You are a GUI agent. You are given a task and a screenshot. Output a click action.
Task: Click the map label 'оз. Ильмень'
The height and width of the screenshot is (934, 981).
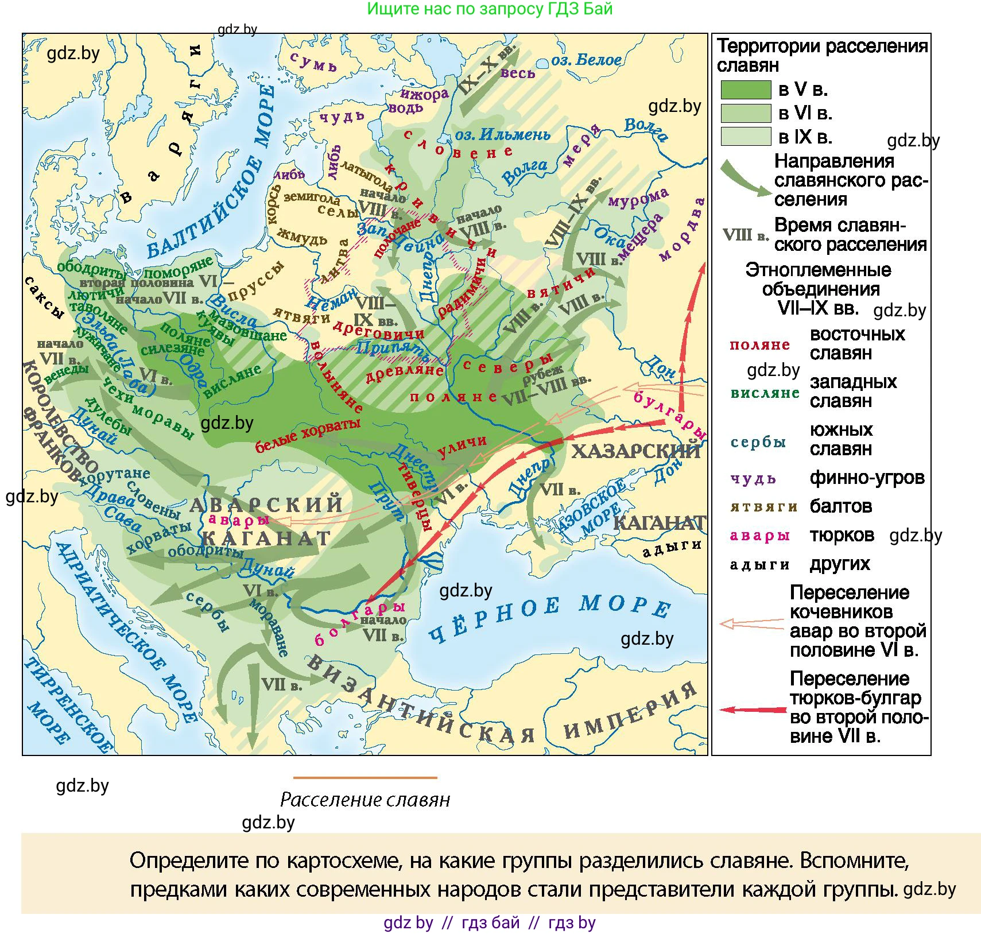[x=502, y=134]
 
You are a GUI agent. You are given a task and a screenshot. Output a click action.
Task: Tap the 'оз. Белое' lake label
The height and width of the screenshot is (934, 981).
[x=586, y=60]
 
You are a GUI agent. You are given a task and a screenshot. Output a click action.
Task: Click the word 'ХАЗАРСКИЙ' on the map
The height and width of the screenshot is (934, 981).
[x=635, y=451]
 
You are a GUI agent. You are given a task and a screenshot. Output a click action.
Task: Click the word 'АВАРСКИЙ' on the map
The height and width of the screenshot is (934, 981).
[x=266, y=505]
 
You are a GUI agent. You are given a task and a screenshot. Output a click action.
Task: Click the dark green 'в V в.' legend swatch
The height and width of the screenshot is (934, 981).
[x=745, y=90]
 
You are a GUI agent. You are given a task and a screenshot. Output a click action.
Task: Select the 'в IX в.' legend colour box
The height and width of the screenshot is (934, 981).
[x=745, y=137]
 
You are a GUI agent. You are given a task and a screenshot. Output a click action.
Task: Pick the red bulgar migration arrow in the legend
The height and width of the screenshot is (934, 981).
[x=752, y=710]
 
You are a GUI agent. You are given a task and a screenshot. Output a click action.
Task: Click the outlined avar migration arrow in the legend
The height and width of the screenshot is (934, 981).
[x=751, y=623]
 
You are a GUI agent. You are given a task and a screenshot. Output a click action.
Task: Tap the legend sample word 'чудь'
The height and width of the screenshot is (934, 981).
[x=753, y=478]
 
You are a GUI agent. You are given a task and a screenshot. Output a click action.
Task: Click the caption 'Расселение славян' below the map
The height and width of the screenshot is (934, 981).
[x=365, y=799]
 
